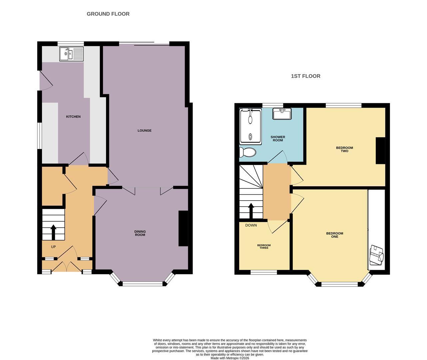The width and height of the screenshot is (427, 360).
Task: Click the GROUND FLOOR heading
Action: (108, 14)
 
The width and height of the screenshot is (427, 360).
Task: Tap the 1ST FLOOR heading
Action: (305, 76)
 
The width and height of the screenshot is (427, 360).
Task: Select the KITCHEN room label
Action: (73, 117)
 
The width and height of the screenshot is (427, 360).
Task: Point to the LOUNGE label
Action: (144, 130)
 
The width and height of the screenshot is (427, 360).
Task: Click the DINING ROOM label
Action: (140, 233)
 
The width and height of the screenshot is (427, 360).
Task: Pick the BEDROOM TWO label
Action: (344, 149)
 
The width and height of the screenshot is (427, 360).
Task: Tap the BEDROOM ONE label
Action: (334, 235)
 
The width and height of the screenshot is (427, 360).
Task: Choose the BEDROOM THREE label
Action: (264, 246)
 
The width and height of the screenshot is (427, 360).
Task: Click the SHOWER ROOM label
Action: (278, 139)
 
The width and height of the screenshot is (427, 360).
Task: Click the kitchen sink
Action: (72, 54)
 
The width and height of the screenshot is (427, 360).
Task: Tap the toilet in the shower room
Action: (248, 152)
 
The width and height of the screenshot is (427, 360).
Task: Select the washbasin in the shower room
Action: (282, 114)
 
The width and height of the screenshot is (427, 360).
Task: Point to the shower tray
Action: (250, 126)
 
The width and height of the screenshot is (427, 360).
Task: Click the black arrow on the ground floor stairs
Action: (53, 232)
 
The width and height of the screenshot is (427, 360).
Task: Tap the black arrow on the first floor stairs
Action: (251, 211)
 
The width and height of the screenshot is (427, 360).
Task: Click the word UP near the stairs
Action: (53, 247)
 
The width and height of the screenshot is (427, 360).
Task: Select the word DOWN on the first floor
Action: (251, 225)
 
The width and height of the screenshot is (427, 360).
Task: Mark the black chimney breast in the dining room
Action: (183, 228)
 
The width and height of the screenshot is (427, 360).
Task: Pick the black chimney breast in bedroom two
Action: (381, 151)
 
